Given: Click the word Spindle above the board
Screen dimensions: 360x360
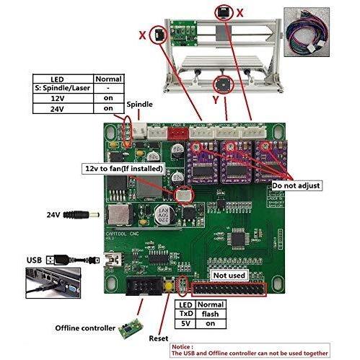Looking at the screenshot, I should point(139,105).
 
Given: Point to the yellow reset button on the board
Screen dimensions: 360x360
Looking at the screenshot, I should point(169,286).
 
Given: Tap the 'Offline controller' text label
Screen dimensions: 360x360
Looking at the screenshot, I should point(84,328).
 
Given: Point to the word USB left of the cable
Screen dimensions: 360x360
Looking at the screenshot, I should point(33,259).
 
